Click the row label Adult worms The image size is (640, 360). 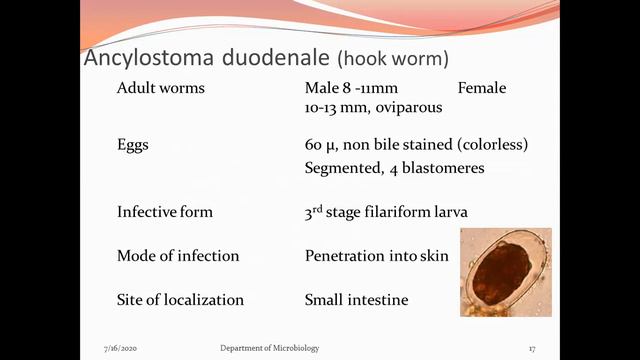coord(160,88)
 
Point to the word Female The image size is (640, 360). coord(482,88)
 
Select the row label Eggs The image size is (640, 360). coord(133,145)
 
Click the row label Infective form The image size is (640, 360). coord(165,212)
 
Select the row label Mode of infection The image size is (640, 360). coord(178,256)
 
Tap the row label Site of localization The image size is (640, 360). coord(180,300)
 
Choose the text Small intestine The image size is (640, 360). coord(356,300)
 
